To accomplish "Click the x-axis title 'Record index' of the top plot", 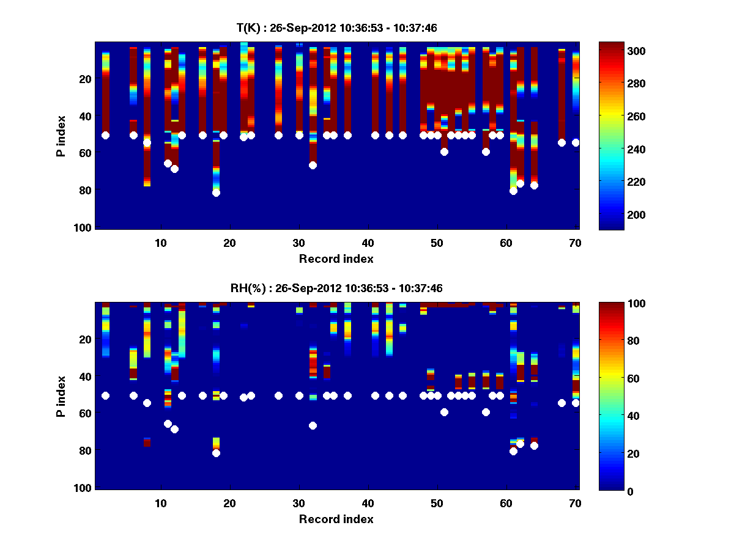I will tap(336, 258).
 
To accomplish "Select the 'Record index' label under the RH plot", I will tap(336, 519).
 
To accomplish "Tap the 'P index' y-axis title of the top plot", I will tap(61, 136).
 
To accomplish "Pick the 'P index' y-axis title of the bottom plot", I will tap(61, 396).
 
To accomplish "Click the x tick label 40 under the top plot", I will tap(368, 243).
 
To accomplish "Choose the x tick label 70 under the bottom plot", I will tap(575, 503).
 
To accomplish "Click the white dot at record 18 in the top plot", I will tap(216, 193).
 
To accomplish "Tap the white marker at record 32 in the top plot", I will tap(313, 165).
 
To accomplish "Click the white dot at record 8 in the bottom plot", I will tap(147, 403).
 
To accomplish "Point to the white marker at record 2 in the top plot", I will tap(105, 135).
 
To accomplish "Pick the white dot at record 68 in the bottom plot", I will tap(562, 403).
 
